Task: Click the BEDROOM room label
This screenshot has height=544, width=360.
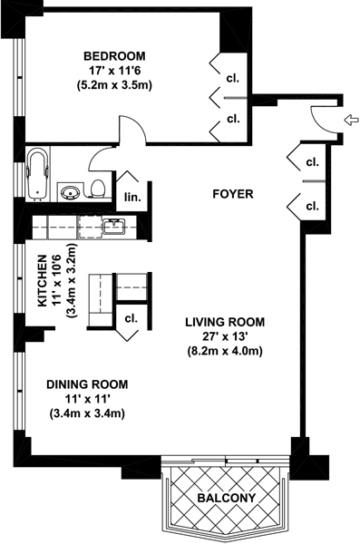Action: click(114, 55)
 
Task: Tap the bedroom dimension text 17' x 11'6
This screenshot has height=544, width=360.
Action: click(114, 71)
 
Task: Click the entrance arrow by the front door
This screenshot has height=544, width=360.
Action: click(351, 120)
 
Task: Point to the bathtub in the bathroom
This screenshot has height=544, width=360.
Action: click(37, 174)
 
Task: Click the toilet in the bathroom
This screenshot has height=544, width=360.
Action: click(98, 189)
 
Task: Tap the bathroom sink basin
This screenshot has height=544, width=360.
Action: click(71, 192)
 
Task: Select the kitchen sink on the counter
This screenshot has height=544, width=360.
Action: click(114, 227)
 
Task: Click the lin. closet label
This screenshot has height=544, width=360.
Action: click(133, 198)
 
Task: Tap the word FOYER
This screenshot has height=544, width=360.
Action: click(233, 194)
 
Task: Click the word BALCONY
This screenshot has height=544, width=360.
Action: click(227, 498)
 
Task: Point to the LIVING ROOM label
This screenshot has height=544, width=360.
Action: click(225, 322)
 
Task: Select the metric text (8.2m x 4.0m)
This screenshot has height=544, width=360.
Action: click(225, 351)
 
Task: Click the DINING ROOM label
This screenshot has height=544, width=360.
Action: click(87, 384)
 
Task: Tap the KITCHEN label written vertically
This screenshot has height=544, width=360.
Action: click(42, 281)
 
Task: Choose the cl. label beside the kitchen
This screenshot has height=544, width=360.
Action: click(131, 318)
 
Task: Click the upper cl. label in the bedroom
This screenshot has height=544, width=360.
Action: click(233, 78)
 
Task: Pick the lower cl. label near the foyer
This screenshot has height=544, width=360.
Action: click(313, 206)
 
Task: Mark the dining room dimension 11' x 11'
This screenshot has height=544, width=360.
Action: click(87, 399)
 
